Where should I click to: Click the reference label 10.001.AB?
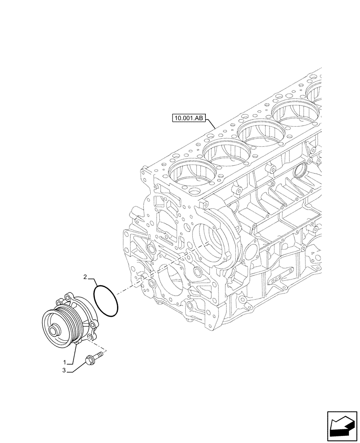click(190, 118)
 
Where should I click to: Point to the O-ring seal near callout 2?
click(106, 302)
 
